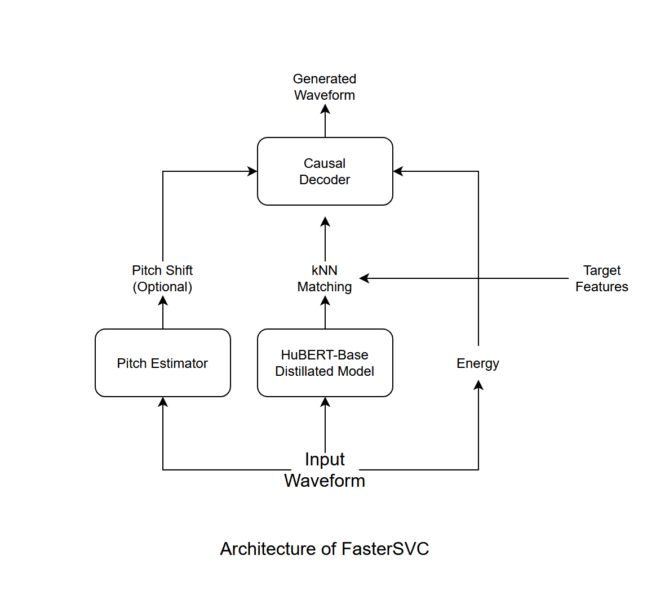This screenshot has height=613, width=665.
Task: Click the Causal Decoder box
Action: (325, 171)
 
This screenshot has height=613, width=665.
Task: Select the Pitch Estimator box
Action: (163, 363)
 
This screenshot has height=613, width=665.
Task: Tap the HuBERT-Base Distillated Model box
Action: (325, 363)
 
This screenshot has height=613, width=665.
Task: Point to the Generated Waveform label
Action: (325, 87)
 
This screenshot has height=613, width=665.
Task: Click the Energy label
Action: (478, 364)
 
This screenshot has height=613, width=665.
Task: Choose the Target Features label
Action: (602, 278)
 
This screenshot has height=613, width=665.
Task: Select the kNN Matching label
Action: (325, 278)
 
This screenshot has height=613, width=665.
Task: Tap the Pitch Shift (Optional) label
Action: (162, 278)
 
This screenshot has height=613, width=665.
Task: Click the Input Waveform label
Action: (325, 470)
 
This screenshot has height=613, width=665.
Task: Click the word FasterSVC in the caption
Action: (385, 549)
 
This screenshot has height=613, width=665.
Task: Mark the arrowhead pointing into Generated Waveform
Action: (325, 109)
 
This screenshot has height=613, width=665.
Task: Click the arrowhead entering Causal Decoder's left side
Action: (252, 171)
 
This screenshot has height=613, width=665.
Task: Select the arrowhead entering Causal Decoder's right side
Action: (398, 171)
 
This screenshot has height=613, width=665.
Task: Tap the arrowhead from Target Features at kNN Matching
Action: (364, 278)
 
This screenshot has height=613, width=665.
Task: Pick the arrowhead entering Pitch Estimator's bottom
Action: (163, 402)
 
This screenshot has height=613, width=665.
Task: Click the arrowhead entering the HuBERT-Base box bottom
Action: (325, 402)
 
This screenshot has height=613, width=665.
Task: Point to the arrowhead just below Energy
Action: (478, 385)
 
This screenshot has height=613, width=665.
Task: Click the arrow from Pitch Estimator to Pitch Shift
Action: (163, 312)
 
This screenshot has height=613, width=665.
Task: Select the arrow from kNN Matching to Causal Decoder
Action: (325, 239)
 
